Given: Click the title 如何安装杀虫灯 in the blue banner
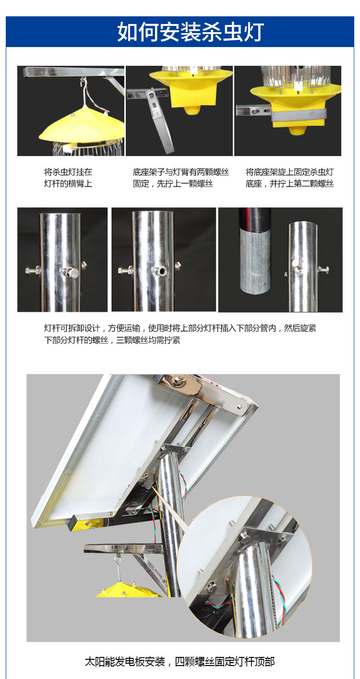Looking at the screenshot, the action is coord(191,32).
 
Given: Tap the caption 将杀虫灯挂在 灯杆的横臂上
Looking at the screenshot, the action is coord(68,178).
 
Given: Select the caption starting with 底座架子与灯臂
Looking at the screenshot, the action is coord(180,178).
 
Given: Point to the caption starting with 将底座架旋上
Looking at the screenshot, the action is coord(290,178).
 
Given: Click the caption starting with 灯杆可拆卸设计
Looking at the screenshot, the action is coord(180,334).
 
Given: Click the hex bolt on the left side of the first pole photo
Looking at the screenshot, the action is coord(33,269).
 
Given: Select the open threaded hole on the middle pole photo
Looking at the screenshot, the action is coord(161,270).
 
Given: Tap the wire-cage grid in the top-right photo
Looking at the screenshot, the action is coord(296,76).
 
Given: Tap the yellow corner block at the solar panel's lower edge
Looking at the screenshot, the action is coord(88,523).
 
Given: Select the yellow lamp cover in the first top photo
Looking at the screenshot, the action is coord(82,126).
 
